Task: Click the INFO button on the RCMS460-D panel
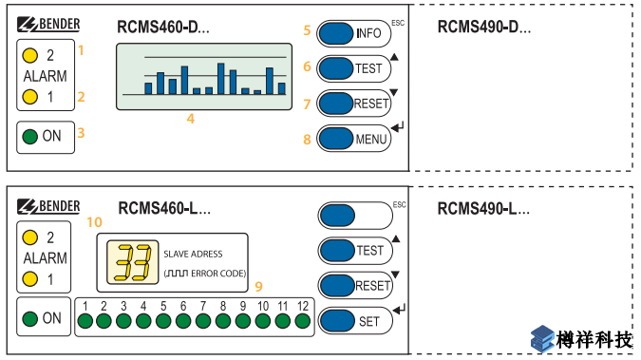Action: pos(353,33)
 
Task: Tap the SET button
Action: pos(355,321)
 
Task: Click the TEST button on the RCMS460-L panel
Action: pos(355,251)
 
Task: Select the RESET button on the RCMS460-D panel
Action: pos(353,104)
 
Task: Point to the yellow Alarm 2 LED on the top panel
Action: pos(29,55)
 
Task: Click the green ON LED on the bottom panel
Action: pos(29,318)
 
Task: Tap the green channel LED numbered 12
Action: pos(303,321)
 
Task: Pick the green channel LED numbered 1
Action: pos(85,321)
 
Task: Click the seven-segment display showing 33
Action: pos(132,262)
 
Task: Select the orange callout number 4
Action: pos(191,119)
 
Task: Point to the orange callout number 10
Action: pos(94,222)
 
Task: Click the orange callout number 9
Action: pos(258,286)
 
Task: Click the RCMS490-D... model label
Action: pos(484,28)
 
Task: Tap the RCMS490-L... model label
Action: pos(483,209)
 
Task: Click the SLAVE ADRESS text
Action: pos(193,254)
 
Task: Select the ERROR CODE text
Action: pos(218,274)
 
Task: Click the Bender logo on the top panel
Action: pos(48,25)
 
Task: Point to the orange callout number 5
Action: pos(307,30)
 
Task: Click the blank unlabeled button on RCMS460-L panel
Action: pos(355,216)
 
